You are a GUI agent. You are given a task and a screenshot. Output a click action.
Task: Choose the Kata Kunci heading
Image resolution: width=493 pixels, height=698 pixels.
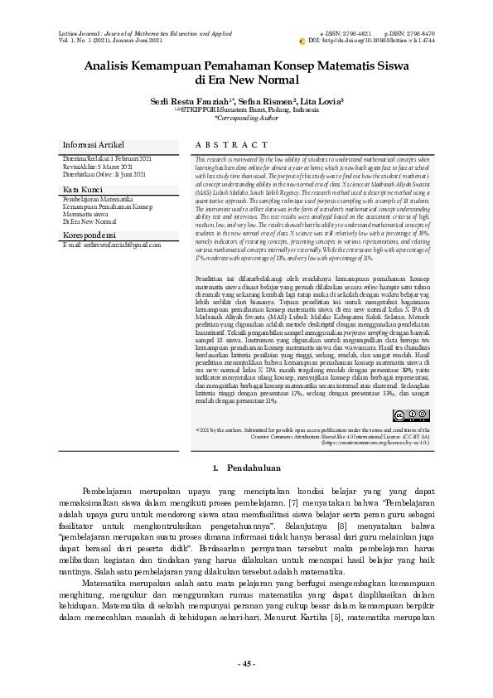[82, 190]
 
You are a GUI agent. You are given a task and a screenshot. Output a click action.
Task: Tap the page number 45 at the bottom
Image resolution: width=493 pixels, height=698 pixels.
[246, 664]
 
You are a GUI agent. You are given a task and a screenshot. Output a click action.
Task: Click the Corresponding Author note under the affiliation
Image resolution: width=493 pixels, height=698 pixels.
[246, 118]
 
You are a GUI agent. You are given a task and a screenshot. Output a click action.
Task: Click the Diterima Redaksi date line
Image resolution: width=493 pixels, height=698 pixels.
[107, 158]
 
